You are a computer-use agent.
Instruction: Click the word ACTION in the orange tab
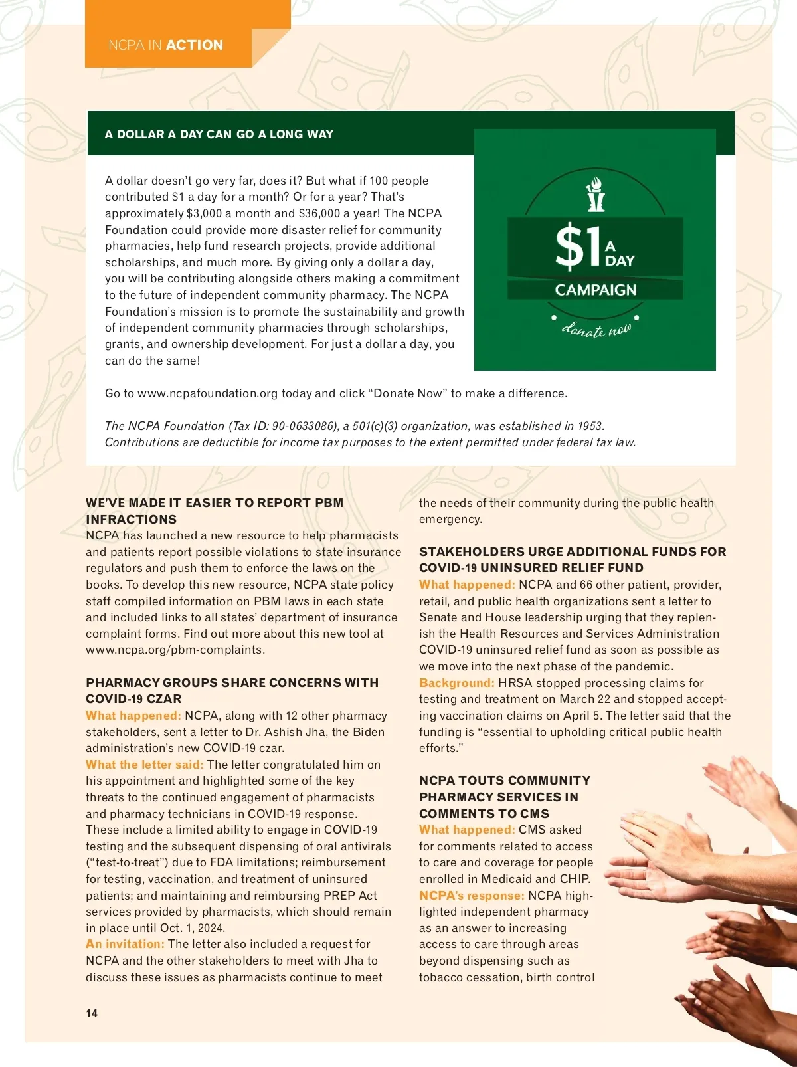pos(195,45)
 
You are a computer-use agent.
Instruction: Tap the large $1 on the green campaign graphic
pos(578,246)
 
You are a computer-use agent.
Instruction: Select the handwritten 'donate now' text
pos(596,329)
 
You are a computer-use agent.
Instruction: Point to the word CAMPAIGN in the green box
pos(596,290)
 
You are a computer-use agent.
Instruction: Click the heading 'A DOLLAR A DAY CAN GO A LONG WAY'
pos(219,134)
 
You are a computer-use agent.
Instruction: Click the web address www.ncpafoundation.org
pos(207,393)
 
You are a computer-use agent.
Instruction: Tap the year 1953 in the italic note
pos(590,426)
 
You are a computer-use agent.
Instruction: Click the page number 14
pos(92,1013)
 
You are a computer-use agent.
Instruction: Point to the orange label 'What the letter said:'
pos(145,765)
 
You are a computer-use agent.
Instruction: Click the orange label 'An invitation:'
pos(125,944)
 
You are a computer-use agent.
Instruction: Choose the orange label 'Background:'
pos(457,683)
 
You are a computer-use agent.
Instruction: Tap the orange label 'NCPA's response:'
pos(472,896)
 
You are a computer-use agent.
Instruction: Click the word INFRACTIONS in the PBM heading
pos(132,520)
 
